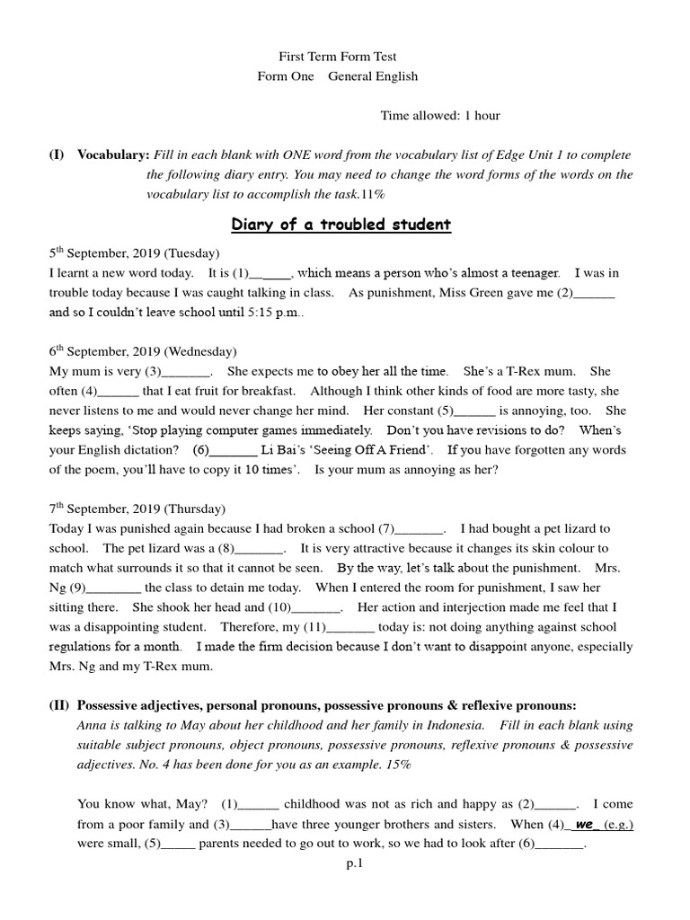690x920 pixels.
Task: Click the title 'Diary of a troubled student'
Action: (x=341, y=225)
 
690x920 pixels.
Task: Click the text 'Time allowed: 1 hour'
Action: (x=440, y=115)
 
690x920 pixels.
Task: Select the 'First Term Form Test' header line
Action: (x=341, y=57)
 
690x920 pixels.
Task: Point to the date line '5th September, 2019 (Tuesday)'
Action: (x=134, y=253)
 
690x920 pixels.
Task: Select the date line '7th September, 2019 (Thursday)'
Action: (x=137, y=509)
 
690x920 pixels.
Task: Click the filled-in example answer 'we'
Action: (x=585, y=823)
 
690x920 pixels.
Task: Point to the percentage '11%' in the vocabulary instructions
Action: (x=373, y=194)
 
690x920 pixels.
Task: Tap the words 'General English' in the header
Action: (x=372, y=76)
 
